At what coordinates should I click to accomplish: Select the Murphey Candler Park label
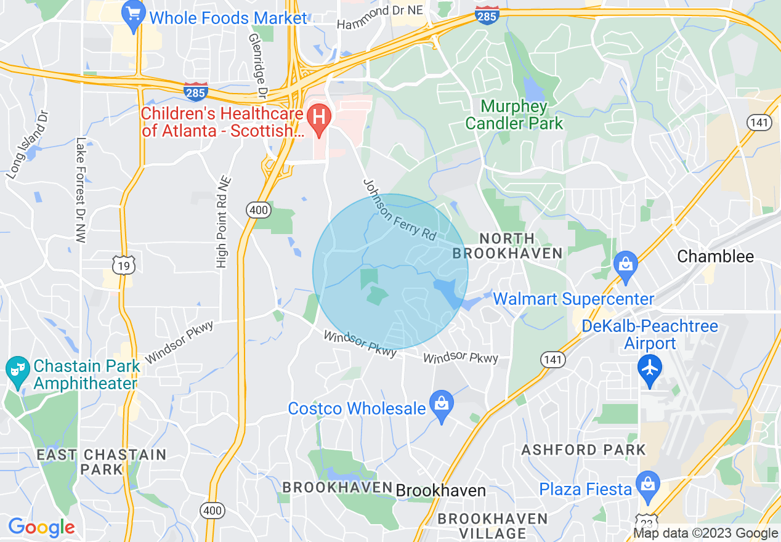(514, 115)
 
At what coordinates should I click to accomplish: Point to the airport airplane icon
(650, 369)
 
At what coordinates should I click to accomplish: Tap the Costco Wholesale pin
(442, 405)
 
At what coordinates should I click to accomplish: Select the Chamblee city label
(715, 256)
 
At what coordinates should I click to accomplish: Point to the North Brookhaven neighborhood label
(508, 246)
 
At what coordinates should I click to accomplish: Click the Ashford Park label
(583, 450)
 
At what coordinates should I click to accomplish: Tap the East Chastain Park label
(102, 462)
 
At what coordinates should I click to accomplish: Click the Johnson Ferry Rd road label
(399, 209)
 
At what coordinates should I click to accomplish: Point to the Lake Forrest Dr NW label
(80, 190)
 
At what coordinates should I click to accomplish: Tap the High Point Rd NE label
(223, 222)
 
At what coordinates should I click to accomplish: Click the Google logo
(41, 527)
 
